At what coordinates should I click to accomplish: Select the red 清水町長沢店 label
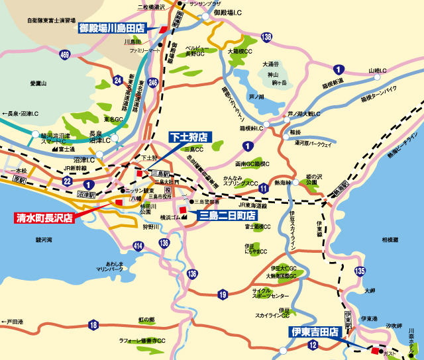tap(43, 216)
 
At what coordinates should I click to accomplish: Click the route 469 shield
tap(64, 54)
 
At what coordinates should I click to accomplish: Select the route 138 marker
tap(266, 38)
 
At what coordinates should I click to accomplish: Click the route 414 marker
tap(138, 246)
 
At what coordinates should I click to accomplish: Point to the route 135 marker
tap(360, 270)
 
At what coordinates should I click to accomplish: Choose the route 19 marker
tap(223, 293)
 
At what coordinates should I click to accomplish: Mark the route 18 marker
tap(93, 324)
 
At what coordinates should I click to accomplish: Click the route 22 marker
tap(67, 181)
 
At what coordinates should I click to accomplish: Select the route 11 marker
tap(264, 189)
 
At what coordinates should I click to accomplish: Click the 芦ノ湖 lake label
tap(256, 97)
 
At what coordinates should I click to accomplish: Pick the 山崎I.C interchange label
tap(377, 70)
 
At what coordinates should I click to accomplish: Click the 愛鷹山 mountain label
tap(40, 83)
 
